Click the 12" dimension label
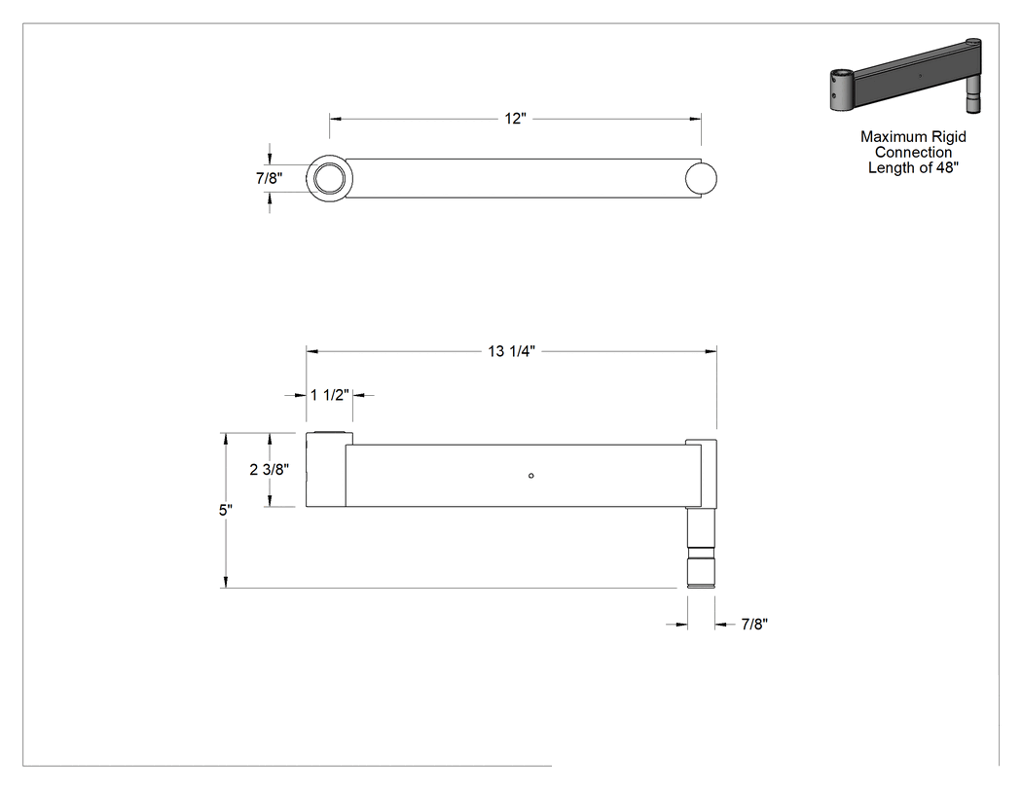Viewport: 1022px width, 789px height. [x=515, y=119]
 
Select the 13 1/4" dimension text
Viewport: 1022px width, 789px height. [x=512, y=351]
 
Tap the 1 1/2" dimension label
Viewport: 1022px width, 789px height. [x=330, y=395]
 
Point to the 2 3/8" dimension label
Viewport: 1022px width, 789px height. [x=270, y=469]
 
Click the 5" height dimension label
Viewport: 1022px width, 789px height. [x=226, y=510]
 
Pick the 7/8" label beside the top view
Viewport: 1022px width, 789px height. [x=270, y=178]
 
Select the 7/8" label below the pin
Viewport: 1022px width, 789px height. [x=754, y=625]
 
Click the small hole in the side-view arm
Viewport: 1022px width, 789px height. [x=531, y=476]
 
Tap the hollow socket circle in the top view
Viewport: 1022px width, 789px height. [x=330, y=178]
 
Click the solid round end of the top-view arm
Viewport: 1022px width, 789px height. [x=702, y=178]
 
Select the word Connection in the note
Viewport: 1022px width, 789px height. [x=913, y=153]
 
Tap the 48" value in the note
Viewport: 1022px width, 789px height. [x=948, y=168]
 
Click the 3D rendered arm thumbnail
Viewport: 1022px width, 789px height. [x=905, y=76]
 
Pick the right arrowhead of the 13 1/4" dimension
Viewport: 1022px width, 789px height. [x=712, y=351]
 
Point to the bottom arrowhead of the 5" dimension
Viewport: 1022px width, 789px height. [x=226, y=583]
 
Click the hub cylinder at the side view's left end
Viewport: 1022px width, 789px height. [x=326, y=469]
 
